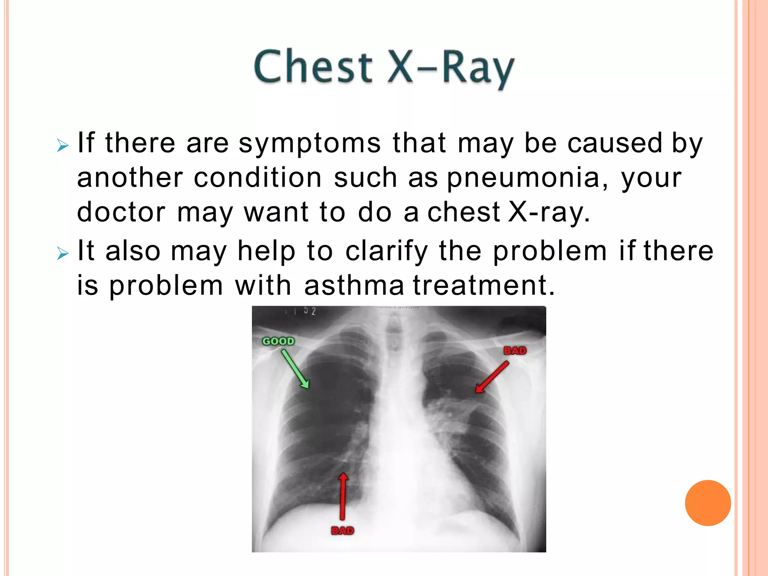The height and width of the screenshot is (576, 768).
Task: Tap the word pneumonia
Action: pyautogui.click(x=523, y=178)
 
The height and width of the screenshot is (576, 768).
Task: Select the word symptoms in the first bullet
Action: pyautogui.click(x=310, y=144)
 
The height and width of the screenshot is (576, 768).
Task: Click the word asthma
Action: pyautogui.click(x=354, y=285)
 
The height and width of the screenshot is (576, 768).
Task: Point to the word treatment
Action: pyautogui.click(x=484, y=285)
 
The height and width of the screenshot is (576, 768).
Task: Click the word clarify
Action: pyautogui.click(x=387, y=251)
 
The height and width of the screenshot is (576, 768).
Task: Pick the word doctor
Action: pyautogui.click(x=121, y=212)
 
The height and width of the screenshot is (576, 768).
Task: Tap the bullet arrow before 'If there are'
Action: pyautogui.click(x=63, y=145)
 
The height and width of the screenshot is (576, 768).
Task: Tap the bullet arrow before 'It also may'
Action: pyautogui.click(x=63, y=253)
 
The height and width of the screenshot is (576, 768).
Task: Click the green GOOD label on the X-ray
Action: pyautogui.click(x=278, y=341)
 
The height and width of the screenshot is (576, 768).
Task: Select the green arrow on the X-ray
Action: pyautogui.click(x=295, y=369)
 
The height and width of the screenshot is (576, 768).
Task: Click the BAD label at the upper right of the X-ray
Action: pyautogui.click(x=515, y=351)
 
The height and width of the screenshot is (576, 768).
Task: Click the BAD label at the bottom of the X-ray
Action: pyautogui.click(x=342, y=531)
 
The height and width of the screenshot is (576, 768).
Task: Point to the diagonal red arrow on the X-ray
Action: pyautogui.click(x=492, y=377)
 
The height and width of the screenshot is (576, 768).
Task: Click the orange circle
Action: pyautogui.click(x=708, y=503)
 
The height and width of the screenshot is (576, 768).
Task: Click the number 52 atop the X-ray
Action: pyautogui.click(x=310, y=311)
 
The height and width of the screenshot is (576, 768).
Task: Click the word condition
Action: pyautogui.click(x=258, y=178)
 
